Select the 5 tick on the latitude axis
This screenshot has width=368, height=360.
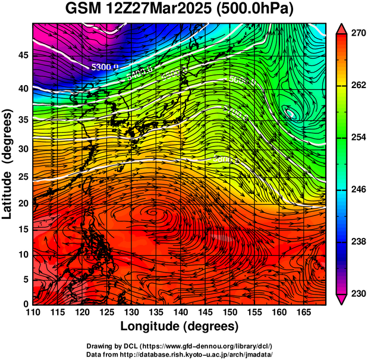[x=25, y=279]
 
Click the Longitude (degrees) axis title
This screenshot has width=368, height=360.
[x=180, y=327]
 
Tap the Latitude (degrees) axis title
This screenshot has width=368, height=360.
[x=8, y=164]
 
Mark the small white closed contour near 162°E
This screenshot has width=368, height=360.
[x=291, y=112]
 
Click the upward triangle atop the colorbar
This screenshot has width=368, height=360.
[x=341, y=28]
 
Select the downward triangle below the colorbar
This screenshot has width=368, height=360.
[x=341, y=299]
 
